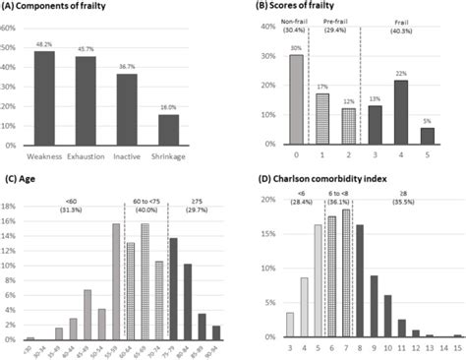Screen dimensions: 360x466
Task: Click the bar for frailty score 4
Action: [x=401, y=109]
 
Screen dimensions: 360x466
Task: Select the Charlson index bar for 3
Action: [x=289, y=325]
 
